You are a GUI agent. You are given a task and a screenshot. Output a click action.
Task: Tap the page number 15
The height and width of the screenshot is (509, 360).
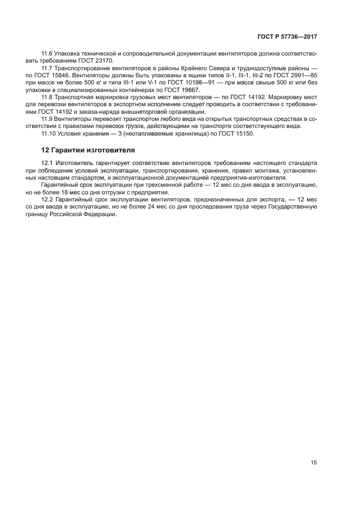click(x=313, y=463)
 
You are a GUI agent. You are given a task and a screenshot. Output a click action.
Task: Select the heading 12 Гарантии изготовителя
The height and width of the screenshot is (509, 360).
click(x=88, y=150)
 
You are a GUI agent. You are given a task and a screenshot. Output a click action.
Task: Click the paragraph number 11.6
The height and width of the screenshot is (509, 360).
click(x=47, y=53)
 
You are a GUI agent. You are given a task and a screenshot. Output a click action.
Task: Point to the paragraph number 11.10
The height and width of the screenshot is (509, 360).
click(x=49, y=133)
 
